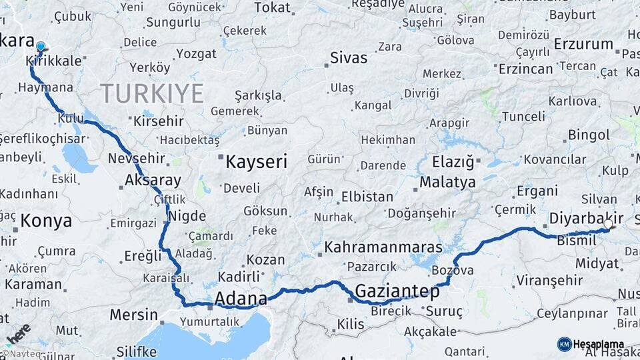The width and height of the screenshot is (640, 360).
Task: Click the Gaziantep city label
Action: click(397, 291)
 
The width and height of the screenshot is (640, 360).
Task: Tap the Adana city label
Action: click(241, 298)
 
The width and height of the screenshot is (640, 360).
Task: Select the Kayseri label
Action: click(256, 162)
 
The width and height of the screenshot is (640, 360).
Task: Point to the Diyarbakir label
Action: click(586, 219)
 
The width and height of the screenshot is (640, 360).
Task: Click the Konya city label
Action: click(46, 221)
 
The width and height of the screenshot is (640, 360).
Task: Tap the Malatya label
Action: click(447, 182)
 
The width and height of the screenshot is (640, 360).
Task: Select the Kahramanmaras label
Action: click(383, 247)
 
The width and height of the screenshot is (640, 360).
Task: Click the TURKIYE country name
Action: click(151, 93)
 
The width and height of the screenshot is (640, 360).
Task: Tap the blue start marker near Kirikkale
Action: click(41, 47)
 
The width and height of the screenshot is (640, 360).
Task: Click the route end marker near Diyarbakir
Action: click(609, 227)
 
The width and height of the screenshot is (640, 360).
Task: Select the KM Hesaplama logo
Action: click(591, 344)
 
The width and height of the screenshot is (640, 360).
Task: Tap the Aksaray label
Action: click(153, 180)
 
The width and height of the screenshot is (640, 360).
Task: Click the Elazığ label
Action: click(453, 162)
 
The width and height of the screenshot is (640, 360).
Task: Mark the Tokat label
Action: click(273, 8)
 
